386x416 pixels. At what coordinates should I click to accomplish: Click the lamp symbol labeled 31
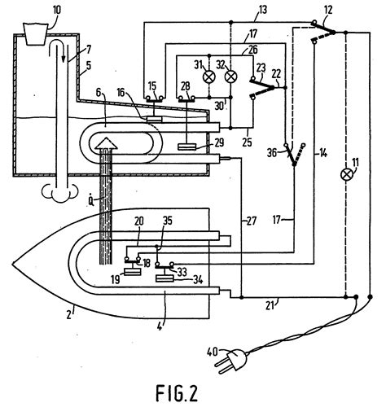point(209,77)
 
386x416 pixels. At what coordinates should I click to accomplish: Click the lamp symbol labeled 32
point(230,77)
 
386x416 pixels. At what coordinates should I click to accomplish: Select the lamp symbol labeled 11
point(346,174)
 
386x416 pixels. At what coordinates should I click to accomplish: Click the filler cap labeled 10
point(35,33)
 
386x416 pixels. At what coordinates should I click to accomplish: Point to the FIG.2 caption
point(177,394)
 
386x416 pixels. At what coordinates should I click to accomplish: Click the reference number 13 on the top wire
point(262,10)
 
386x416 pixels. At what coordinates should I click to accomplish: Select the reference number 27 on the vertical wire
point(251,221)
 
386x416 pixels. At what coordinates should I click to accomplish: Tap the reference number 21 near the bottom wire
point(270,306)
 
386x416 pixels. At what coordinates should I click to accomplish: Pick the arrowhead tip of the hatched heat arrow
point(106,138)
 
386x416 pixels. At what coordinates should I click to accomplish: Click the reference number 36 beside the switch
point(272,154)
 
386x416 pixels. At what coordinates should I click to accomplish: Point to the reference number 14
point(322,154)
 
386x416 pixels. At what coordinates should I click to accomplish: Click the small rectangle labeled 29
point(187,147)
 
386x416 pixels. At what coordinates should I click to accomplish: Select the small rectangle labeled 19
point(133,272)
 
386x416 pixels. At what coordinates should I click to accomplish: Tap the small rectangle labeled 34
point(164,278)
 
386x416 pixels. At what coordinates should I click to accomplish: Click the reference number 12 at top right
point(328,11)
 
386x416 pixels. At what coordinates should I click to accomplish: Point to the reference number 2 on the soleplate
point(69,314)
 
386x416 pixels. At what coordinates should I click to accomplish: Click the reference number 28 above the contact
point(186,86)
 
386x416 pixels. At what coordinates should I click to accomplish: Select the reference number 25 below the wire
point(247,142)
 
